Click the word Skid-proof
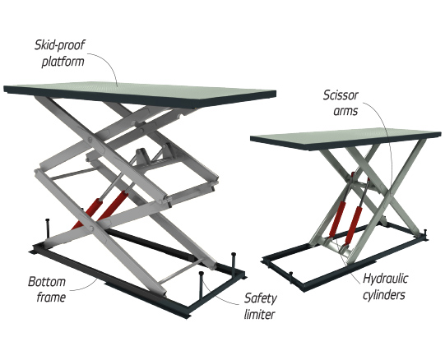click(x=59, y=45)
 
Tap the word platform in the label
click(x=63, y=62)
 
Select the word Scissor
click(x=341, y=95)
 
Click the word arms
click(x=345, y=111)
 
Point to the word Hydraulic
click(x=386, y=279)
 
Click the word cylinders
click(x=384, y=295)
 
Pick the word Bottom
click(x=47, y=282)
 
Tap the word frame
click(x=51, y=298)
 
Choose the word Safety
click(x=261, y=298)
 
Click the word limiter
click(x=259, y=314)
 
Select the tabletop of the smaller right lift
click(x=345, y=138)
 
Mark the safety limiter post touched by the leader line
click(x=202, y=287)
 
